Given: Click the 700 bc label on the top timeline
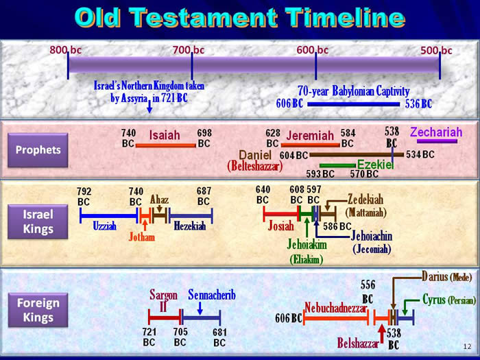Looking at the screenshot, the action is [189, 50].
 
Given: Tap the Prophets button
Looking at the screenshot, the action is [38, 150].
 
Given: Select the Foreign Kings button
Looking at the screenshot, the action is [38, 310].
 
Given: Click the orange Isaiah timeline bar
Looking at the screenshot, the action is [166, 145].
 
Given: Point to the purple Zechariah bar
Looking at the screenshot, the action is [437, 141].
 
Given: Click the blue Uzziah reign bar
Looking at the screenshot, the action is [109, 216].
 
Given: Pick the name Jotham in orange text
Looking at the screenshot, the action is [142, 237].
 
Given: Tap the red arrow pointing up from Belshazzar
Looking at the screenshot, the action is [381, 334].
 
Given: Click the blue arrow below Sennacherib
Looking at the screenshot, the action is [200, 309].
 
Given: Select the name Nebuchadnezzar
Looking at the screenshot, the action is [336, 308].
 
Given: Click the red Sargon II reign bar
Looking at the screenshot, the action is [165, 317].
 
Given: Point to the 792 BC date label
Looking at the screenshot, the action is [84, 197].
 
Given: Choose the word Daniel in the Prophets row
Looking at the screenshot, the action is [255, 155].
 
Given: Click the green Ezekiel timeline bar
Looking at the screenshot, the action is [338, 166].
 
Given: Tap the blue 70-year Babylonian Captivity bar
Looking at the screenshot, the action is [354, 104].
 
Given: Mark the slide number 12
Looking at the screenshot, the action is [467, 346].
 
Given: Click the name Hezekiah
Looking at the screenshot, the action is [189, 226].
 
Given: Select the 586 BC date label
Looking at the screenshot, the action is [337, 226].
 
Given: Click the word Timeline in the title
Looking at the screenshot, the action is [345, 17].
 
